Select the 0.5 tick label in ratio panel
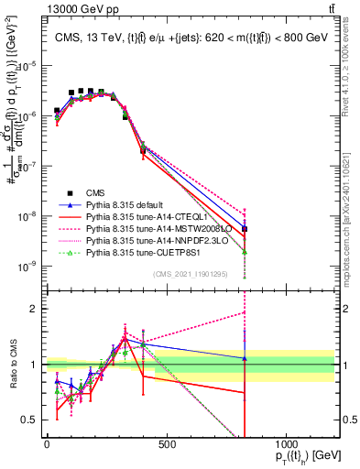(31, 420)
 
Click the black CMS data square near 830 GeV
(245, 229)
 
